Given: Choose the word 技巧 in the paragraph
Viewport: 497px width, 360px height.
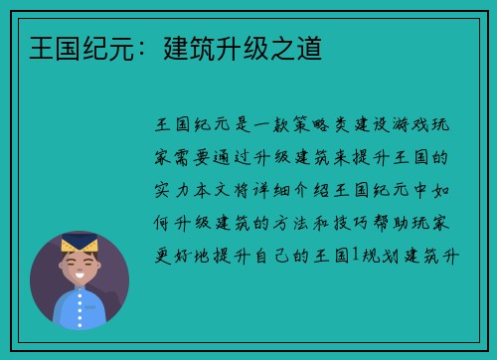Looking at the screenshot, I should [389, 225].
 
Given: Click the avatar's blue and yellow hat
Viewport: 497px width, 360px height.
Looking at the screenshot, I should [79, 243].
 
